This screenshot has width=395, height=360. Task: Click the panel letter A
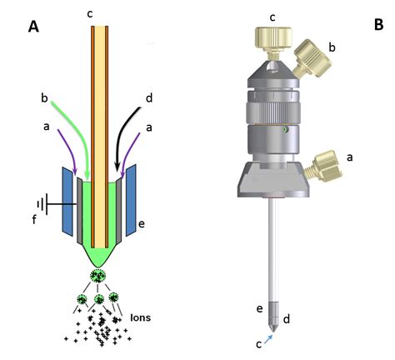(x=33, y=27)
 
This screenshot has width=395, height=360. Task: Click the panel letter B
(x=379, y=24)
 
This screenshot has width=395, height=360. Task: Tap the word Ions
(x=141, y=317)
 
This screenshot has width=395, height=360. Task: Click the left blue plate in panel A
(x=68, y=201)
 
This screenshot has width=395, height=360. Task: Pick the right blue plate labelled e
(x=131, y=200)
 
